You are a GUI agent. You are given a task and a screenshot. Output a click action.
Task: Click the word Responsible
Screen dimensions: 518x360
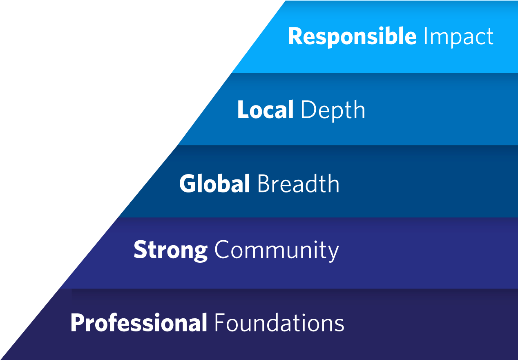coord(352,37)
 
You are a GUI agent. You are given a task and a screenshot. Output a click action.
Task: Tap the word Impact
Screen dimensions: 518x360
coord(458,38)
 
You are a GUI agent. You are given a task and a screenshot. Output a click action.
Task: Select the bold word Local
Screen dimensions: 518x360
coord(266,110)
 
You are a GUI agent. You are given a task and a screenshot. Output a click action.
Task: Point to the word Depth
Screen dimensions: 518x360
coord(333,111)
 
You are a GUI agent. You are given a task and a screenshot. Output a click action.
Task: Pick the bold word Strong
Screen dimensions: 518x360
coord(171,251)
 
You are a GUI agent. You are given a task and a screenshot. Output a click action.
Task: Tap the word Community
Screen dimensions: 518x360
coord(277,251)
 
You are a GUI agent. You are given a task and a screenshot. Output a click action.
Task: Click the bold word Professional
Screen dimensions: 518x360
coord(139,322)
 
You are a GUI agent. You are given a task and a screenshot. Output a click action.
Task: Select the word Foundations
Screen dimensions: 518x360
coord(279,322)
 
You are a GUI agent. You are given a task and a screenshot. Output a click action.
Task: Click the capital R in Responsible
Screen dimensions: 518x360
coord(296,36)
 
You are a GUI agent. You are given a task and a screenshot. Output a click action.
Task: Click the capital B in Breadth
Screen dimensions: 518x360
coord(264,183)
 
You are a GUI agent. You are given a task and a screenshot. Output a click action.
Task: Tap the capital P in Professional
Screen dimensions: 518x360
coord(78,323)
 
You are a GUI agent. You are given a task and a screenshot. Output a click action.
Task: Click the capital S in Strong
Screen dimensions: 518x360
coord(140,249)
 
